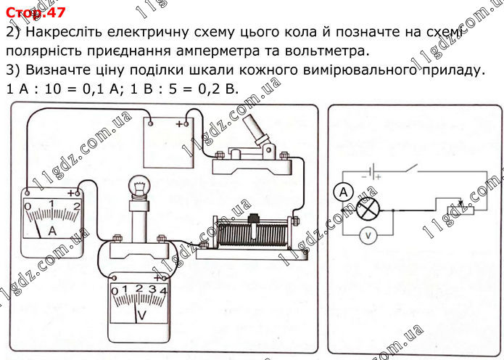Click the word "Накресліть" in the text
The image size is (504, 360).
[x=65, y=33]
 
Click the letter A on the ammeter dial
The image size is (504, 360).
[x=51, y=231]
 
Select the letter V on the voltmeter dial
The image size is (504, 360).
[x=143, y=314]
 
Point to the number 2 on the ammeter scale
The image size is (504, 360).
[x=77, y=205]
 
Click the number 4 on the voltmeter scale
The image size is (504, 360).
[x=165, y=290]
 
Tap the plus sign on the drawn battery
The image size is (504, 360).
[x=179, y=124]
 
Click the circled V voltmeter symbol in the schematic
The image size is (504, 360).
[x=368, y=235]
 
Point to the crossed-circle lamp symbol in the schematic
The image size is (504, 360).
[x=368, y=210]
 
